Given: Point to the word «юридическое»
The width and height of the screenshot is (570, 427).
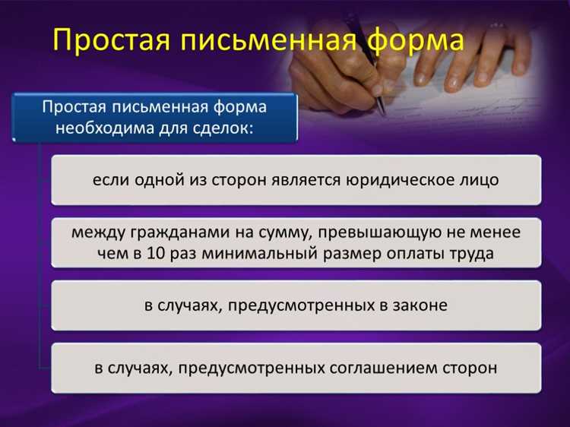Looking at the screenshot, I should (x=400, y=181).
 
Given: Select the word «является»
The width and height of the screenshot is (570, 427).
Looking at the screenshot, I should (x=304, y=181).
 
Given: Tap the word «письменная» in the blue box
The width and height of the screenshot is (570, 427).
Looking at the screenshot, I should (x=166, y=106).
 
